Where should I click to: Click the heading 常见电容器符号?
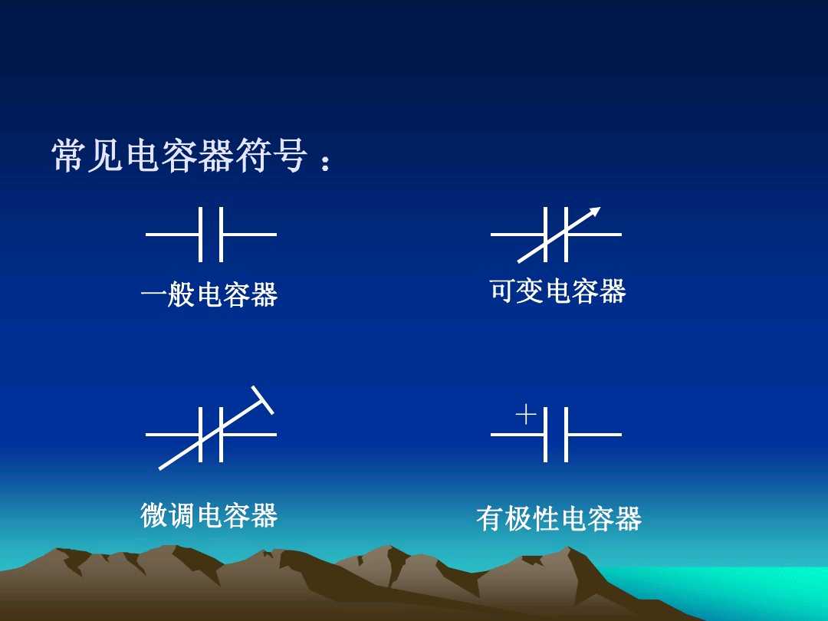click(180, 156)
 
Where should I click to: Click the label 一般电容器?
click(209, 294)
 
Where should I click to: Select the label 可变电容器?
click(557, 291)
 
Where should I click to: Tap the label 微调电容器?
click(209, 515)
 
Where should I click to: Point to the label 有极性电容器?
click(558, 519)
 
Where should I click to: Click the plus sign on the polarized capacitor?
click(526, 415)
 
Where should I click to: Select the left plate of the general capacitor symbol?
click(200, 234)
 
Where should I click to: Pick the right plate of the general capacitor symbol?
click(221, 234)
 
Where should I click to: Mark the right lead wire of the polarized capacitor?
click(594, 434)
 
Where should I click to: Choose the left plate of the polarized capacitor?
click(545, 434)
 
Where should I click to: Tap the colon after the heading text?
click(327, 163)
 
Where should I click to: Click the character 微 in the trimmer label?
click(153, 515)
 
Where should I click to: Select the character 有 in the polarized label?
click(488, 519)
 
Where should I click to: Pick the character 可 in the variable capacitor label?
click(502, 291)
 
